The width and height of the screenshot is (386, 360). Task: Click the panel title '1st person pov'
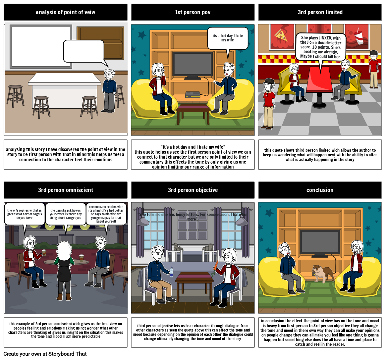tap(193, 12)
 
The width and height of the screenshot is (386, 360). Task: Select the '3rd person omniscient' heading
tap(65, 190)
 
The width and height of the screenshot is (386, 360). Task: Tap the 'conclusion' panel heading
tap(320, 190)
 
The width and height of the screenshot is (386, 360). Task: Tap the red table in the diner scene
tap(319, 81)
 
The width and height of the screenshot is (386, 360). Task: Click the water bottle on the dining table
tap(171, 272)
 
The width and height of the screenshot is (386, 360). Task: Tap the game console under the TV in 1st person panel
tap(192, 94)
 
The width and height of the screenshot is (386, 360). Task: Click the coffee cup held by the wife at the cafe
tap(44, 253)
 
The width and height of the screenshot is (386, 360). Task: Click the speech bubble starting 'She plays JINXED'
tap(320, 47)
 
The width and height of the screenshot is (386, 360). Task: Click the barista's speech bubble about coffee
tap(65, 214)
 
